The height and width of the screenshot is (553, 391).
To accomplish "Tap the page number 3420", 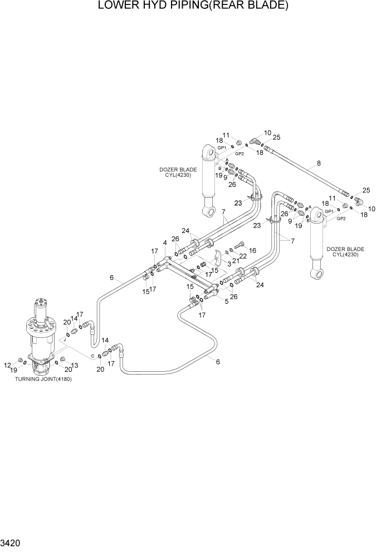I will click(x=12, y=542).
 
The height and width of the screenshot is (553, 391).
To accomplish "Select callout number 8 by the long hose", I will click(x=319, y=163).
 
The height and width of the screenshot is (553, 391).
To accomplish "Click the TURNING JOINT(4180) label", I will click(x=44, y=379).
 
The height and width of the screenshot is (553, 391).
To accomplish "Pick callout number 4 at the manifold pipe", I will click(x=164, y=242).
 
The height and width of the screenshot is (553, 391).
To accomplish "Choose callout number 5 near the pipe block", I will click(x=227, y=302).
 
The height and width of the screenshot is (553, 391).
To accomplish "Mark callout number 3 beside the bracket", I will click(x=228, y=263).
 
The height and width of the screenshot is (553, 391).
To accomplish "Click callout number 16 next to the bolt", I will click(x=252, y=251).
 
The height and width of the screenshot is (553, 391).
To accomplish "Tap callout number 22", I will click(x=243, y=256).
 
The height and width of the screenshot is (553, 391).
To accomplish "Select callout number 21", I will click(x=236, y=260).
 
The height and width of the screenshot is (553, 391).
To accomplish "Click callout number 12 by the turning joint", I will click(x=7, y=365).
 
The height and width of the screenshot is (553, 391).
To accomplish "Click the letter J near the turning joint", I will click(x=65, y=339).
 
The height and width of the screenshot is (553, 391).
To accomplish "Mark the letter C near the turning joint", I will click(x=92, y=355).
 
